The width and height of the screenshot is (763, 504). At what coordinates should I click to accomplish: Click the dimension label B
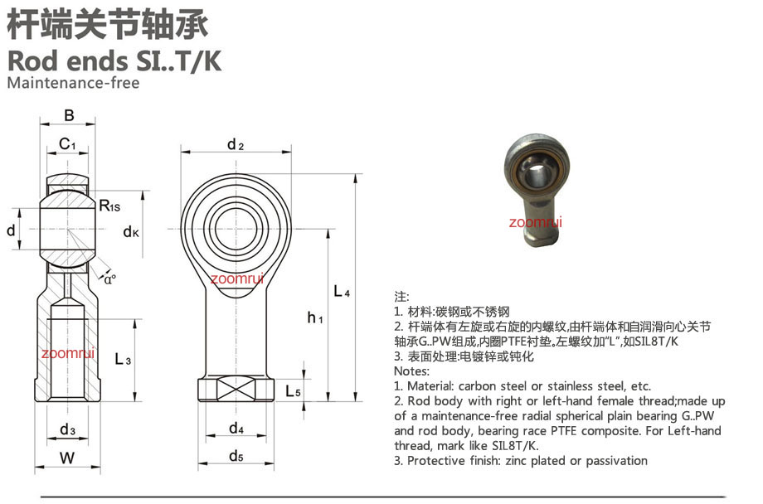click(69, 115)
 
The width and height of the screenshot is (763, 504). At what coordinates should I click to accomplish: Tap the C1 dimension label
click(67, 144)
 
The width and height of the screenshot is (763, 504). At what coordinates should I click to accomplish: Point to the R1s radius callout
click(109, 206)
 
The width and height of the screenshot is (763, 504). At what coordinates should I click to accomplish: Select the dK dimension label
click(131, 231)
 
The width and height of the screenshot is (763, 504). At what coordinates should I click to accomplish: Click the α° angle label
click(110, 279)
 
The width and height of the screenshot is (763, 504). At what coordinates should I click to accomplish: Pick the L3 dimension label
click(123, 360)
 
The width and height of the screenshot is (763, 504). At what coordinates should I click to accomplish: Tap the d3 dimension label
click(68, 429)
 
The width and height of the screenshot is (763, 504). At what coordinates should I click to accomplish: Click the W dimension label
click(67, 458)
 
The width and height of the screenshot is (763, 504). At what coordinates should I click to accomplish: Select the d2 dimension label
click(236, 144)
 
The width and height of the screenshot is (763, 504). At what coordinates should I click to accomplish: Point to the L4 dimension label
click(342, 292)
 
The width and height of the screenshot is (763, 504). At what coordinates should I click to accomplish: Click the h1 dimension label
click(315, 317)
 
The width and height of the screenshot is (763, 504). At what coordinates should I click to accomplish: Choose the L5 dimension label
click(293, 390)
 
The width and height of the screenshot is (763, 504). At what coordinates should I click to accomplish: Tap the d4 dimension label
click(236, 428)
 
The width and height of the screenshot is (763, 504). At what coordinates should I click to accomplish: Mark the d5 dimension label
click(236, 456)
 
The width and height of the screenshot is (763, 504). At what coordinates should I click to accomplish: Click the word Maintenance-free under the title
click(74, 83)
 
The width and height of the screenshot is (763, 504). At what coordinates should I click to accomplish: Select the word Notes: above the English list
click(411, 371)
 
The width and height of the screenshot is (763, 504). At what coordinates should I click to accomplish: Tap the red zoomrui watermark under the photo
click(535, 222)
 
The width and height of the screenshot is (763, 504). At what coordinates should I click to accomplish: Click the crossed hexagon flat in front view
click(236, 389)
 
